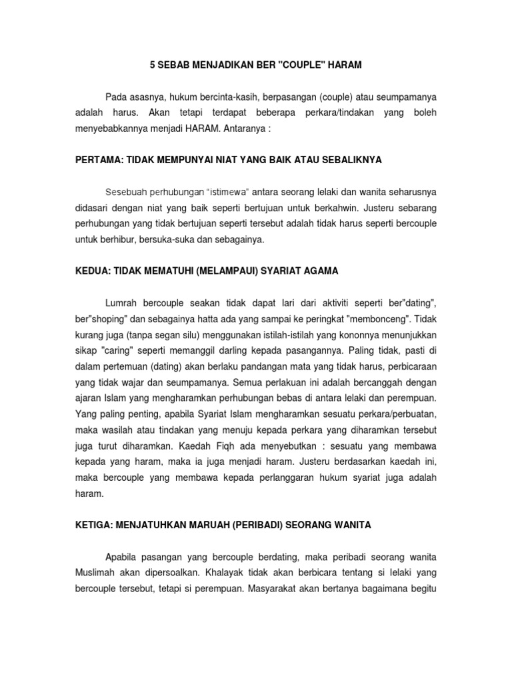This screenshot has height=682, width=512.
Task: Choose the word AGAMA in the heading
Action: [321, 272]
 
